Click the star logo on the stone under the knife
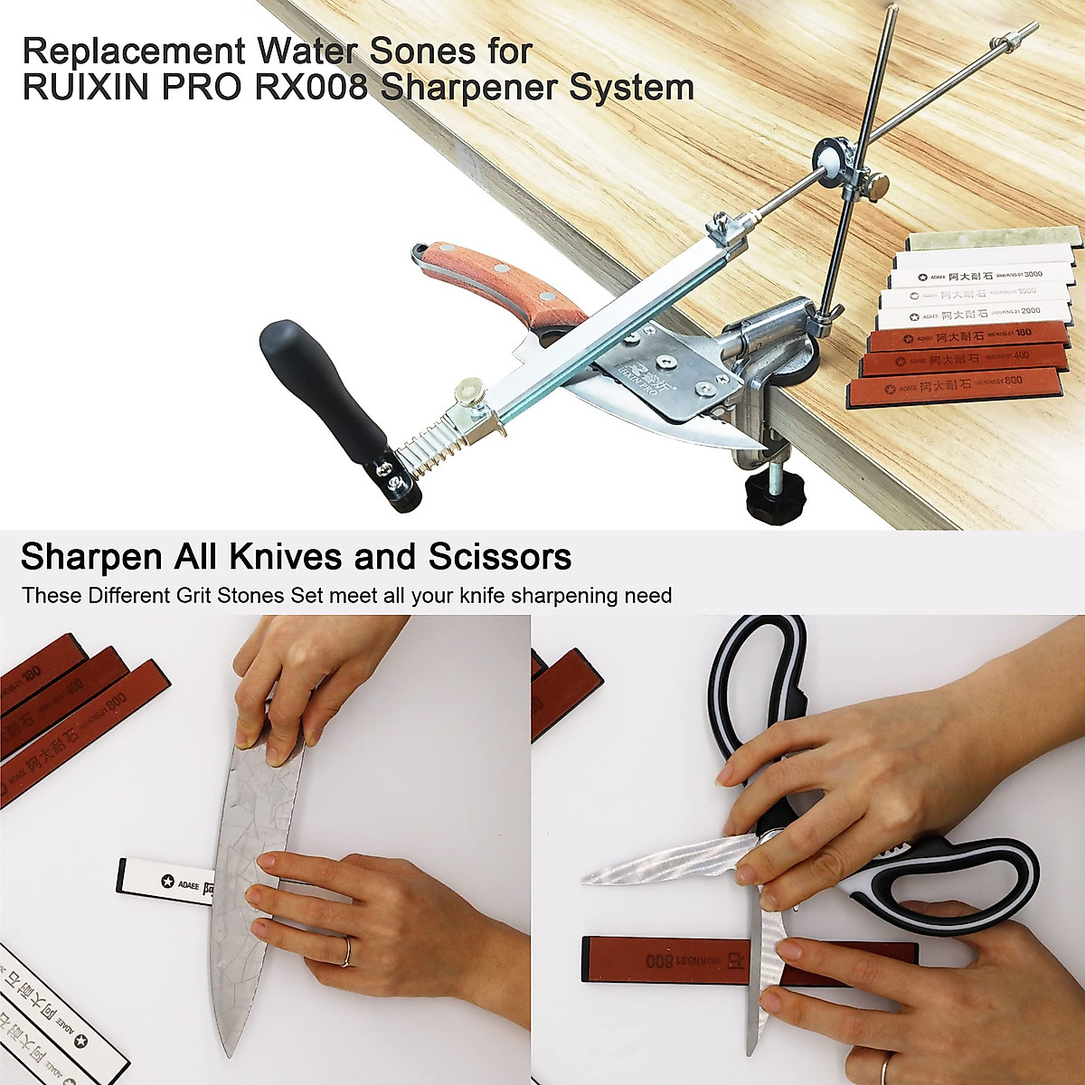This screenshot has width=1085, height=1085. tap(166, 882)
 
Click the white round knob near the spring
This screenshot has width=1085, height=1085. tap(469, 392)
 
